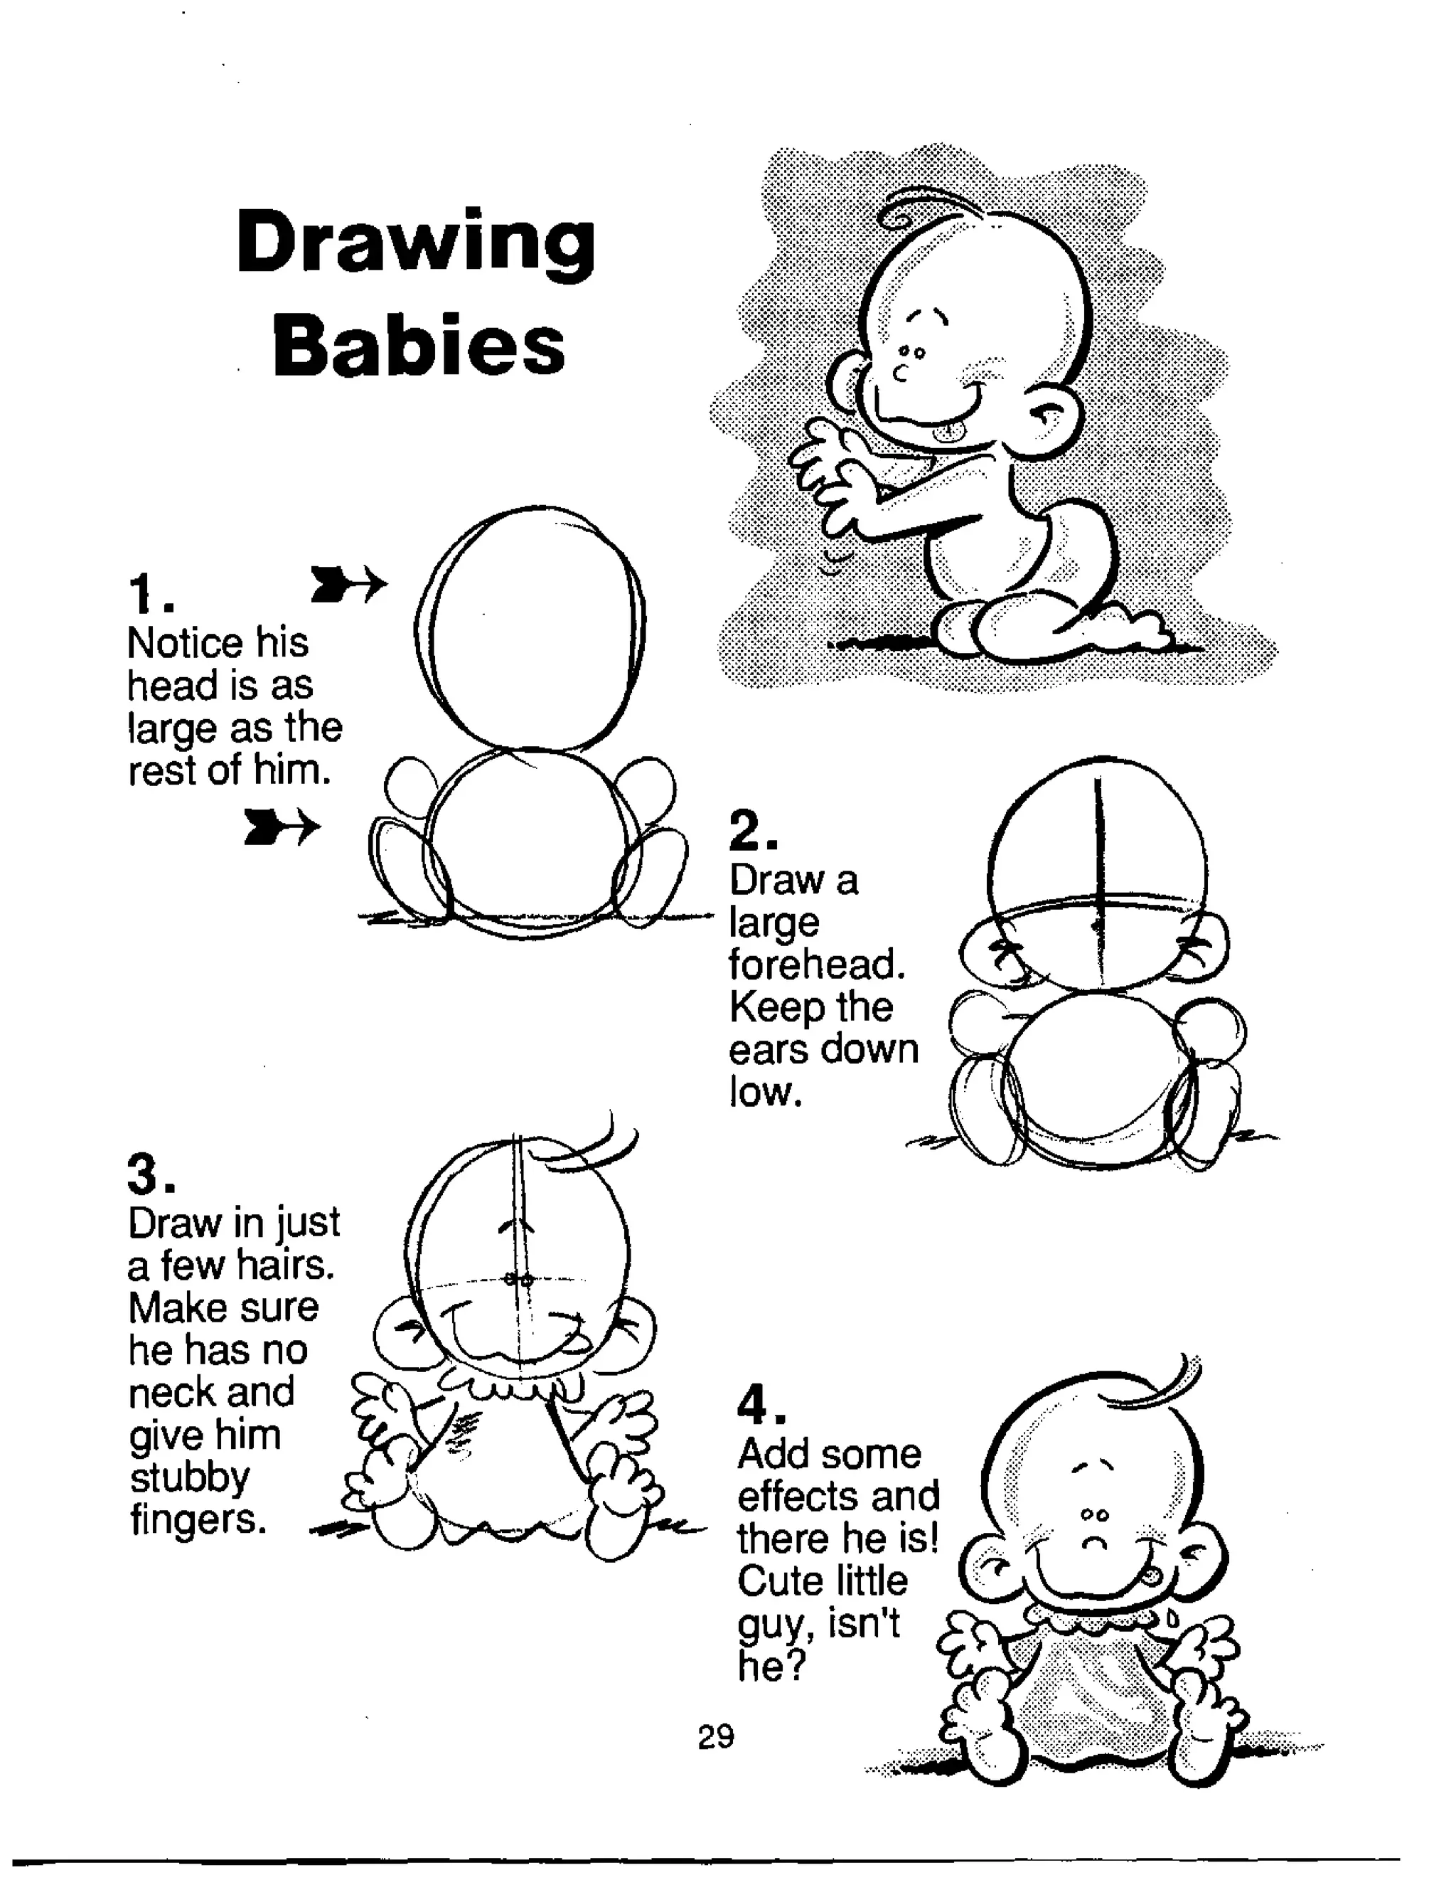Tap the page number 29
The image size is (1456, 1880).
(716, 1737)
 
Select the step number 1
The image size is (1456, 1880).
(148, 593)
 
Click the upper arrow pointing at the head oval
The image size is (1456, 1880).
(348, 585)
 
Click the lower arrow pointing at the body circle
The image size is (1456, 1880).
(282, 827)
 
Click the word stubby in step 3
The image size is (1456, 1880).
(189, 1478)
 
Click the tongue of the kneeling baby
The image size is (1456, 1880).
(948, 430)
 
